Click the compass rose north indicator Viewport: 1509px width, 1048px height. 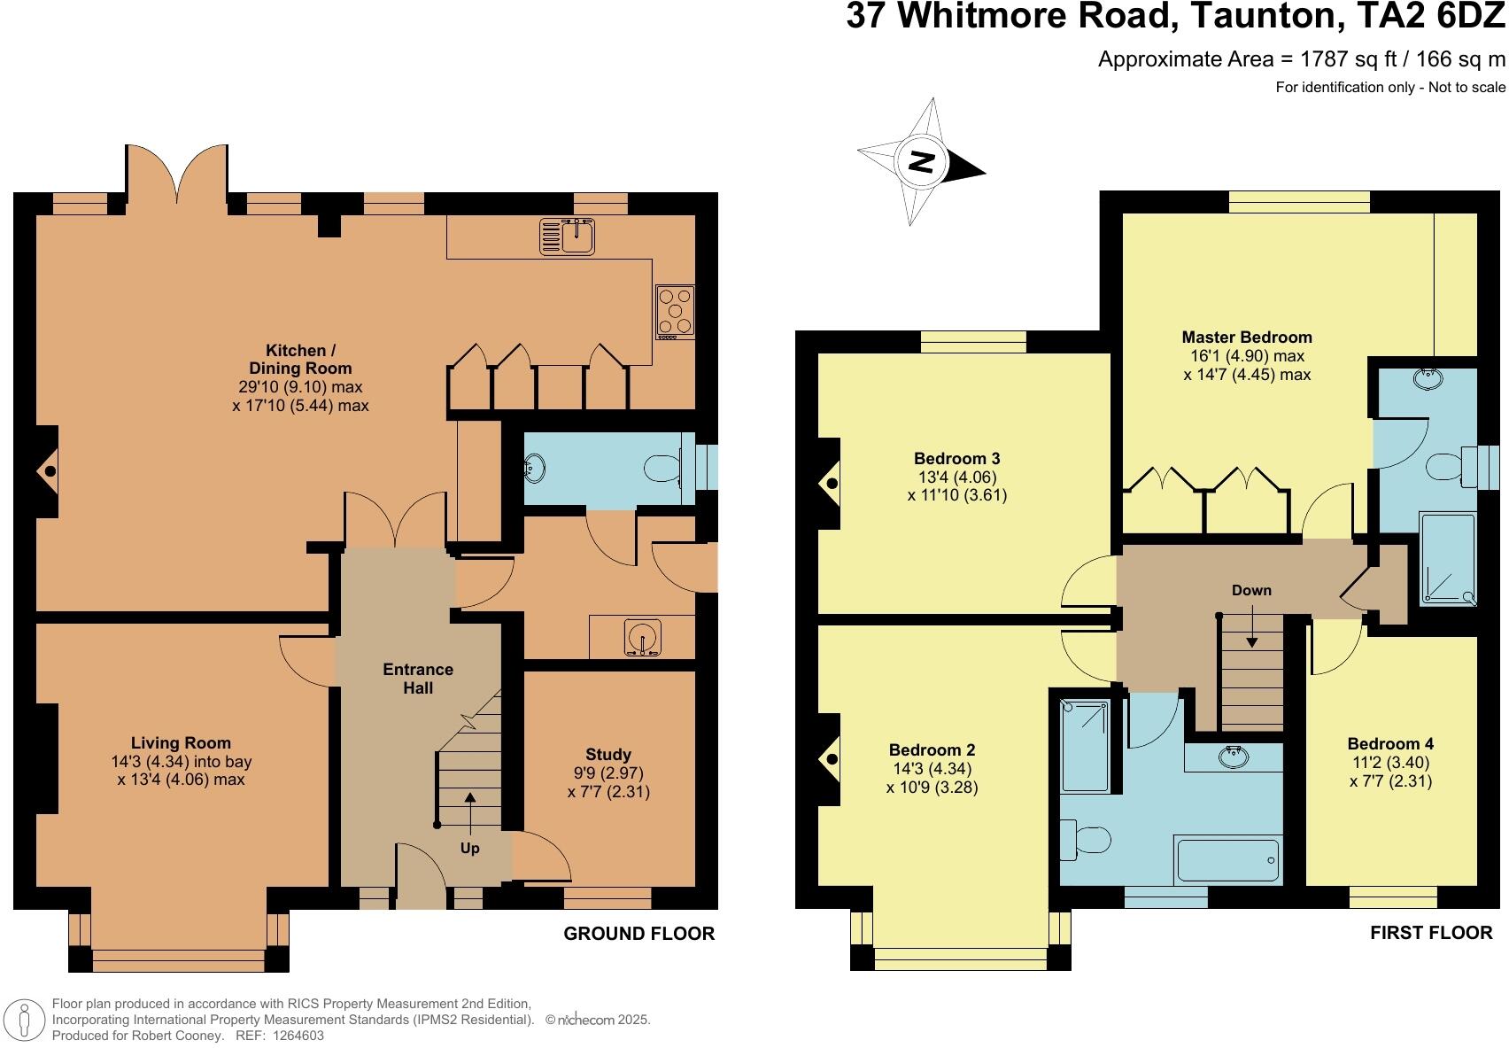pyautogui.click(x=923, y=163)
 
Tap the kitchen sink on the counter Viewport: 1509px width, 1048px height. pyautogui.click(x=568, y=237)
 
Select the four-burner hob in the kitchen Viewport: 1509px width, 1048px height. pyautogui.click(x=675, y=312)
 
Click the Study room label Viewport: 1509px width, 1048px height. pyautogui.click(x=608, y=755)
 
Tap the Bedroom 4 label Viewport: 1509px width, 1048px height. pyautogui.click(x=1390, y=744)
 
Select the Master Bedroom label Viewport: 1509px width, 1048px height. pyautogui.click(x=1247, y=337)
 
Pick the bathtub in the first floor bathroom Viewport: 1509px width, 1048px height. pyautogui.click(x=1227, y=858)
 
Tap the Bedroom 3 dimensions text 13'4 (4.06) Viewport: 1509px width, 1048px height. pyautogui.click(x=956, y=477)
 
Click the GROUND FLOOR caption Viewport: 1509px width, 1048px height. pyautogui.click(x=638, y=934)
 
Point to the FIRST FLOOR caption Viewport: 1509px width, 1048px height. pyautogui.click(x=1430, y=933)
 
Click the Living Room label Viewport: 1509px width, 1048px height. pyautogui.click(x=181, y=743)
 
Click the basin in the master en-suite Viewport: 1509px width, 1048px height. pyautogui.click(x=1427, y=378)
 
